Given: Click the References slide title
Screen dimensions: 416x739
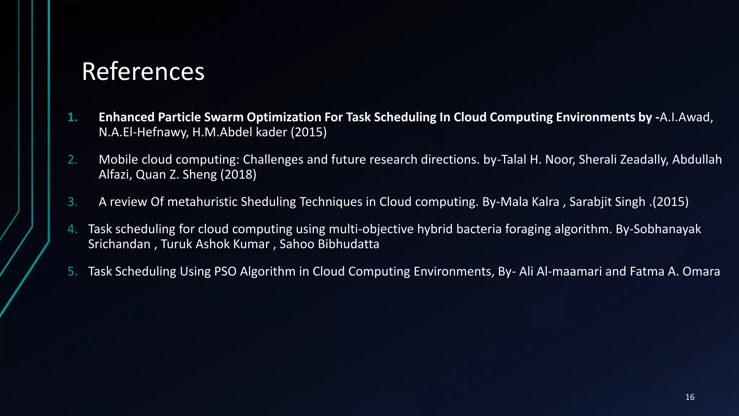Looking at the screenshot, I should tap(143, 71).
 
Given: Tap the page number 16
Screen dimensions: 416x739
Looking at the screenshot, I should tap(690, 397).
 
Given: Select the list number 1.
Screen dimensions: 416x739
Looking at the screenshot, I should tap(73, 117).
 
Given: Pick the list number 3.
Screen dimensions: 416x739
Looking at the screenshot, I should tap(73, 202).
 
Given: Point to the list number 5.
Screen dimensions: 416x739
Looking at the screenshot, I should tap(73, 272).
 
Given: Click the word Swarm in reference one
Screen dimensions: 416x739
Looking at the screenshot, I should tap(223, 117).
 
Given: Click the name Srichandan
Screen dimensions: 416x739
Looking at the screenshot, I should tap(119, 244).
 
